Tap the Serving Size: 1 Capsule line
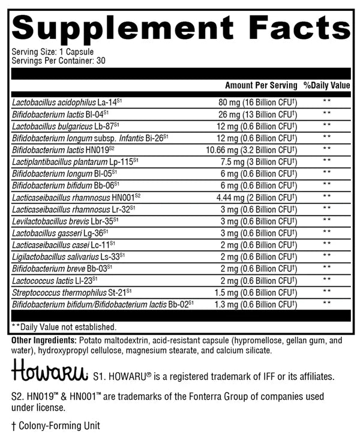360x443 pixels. point(52,52)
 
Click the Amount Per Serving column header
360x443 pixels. point(261,85)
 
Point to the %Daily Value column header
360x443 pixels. point(326,85)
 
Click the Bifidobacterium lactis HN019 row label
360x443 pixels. point(67,149)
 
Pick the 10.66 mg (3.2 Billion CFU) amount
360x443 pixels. point(254,149)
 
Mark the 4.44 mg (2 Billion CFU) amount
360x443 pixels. point(256,196)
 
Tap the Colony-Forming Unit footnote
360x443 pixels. point(55,426)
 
